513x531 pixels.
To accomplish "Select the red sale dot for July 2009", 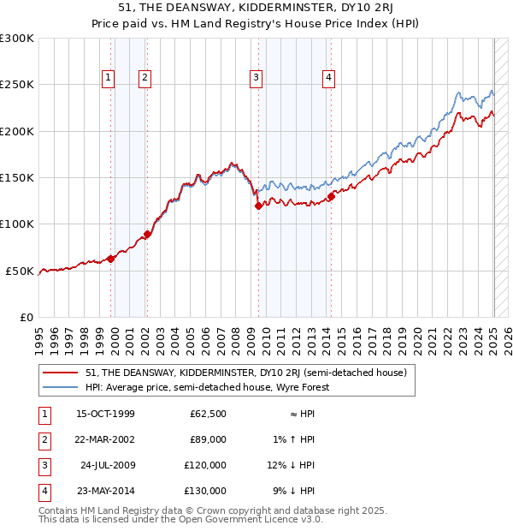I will click(x=258, y=206).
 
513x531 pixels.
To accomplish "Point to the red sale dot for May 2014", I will click(x=331, y=196).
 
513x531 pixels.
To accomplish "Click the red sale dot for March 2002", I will click(x=147, y=234).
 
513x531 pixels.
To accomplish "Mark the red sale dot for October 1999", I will click(x=111, y=259).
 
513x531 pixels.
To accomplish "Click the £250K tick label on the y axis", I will click(x=16, y=85).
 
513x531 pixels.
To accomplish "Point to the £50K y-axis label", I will click(x=20, y=271).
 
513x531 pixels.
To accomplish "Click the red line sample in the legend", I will click(x=60, y=373).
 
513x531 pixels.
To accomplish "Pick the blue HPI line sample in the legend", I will click(x=60, y=387).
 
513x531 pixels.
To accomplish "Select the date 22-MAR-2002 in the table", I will click(x=105, y=439).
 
